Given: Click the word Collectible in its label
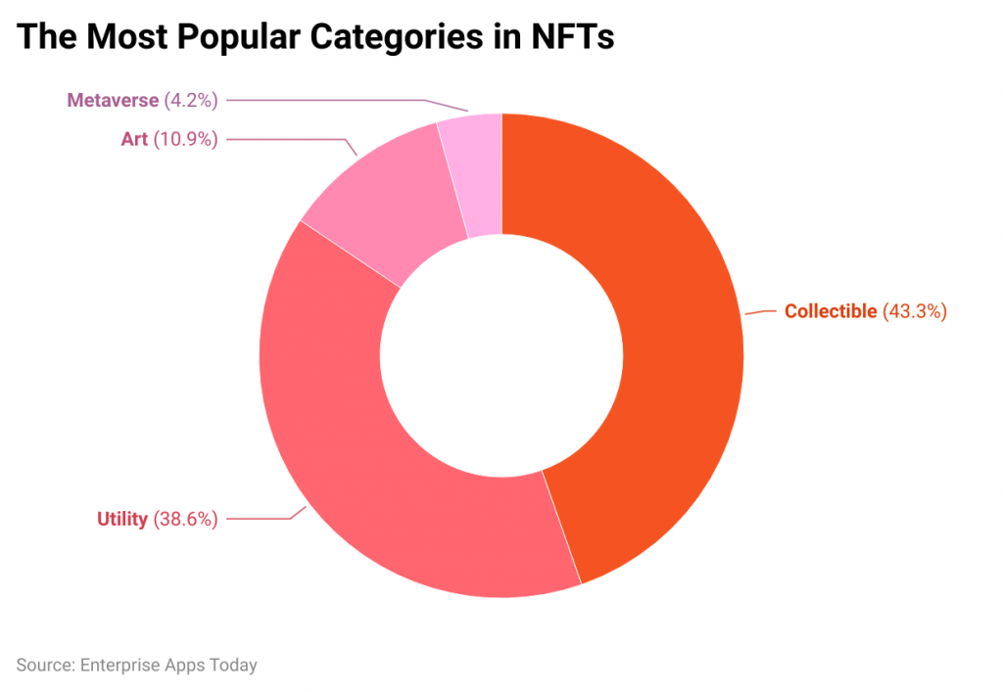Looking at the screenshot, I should pyautogui.click(x=831, y=311).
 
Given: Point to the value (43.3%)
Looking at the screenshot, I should pyautogui.click(x=915, y=311).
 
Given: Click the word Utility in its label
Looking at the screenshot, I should pyautogui.click(x=121, y=519).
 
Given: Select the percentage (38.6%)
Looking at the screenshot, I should pyautogui.click(x=185, y=519).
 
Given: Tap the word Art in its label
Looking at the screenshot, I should pyautogui.click(x=134, y=139).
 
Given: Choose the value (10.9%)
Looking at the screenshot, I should pyautogui.click(x=185, y=139).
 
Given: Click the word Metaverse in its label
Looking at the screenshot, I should pyautogui.click(x=113, y=99).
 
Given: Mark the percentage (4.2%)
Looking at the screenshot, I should pyautogui.click(x=191, y=99).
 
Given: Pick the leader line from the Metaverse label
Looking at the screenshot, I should pyautogui.click(x=323, y=99).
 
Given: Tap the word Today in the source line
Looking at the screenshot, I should pyautogui.click(x=233, y=666).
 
